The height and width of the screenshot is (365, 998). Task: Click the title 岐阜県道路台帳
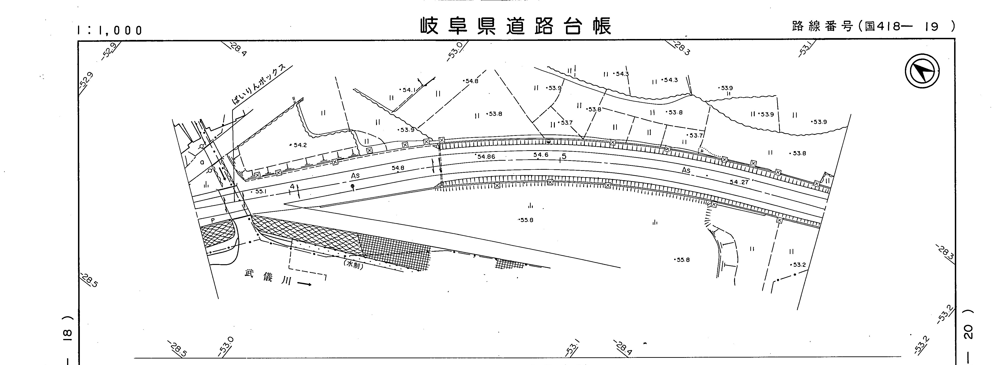pyautogui.click(x=516, y=26)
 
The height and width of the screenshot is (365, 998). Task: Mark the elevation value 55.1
pyautogui.click(x=260, y=191)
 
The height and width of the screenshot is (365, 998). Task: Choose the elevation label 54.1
pyautogui.click(x=409, y=90)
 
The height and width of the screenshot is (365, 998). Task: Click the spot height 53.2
pyautogui.click(x=799, y=265)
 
